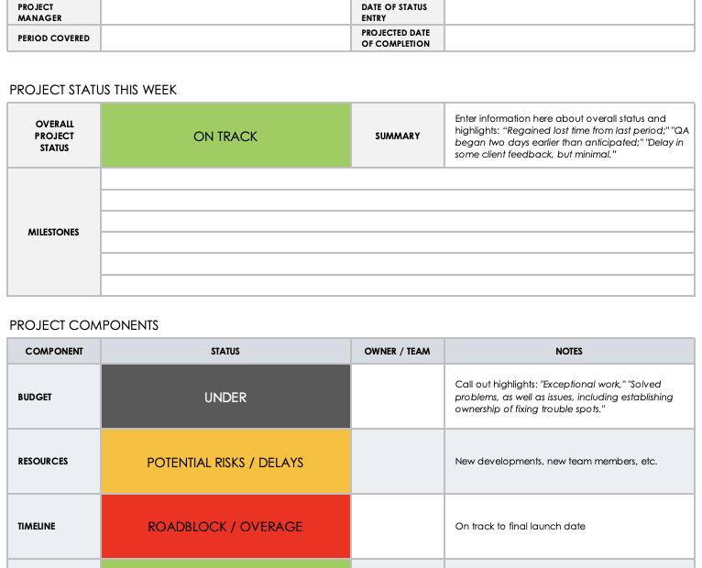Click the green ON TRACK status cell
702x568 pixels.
click(x=225, y=136)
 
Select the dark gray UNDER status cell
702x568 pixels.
click(x=225, y=397)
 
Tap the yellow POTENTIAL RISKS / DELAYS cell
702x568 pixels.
click(x=225, y=462)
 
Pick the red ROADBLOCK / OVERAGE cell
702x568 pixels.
click(x=225, y=526)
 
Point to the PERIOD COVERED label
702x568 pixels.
click(x=54, y=38)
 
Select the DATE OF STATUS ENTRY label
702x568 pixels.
click(x=394, y=12)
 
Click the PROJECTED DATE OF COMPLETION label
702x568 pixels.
click(x=395, y=38)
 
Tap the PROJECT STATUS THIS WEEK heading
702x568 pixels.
click(x=93, y=90)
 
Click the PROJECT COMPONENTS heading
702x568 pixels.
click(x=84, y=325)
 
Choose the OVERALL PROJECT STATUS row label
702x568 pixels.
click(x=54, y=136)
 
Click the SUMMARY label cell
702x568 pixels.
click(x=398, y=136)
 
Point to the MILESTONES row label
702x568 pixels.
click(x=54, y=232)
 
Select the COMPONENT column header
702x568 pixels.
click(x=54, y=351)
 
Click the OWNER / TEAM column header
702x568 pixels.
click(x=397, y=351)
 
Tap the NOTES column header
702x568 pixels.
click(x=569, y=351)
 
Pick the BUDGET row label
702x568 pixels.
click(x=35, y=397)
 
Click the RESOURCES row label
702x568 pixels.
click(x=43, y=462)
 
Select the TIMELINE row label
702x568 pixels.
click(x=38, y=526)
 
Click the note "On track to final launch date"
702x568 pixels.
click(x=520, y=526)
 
